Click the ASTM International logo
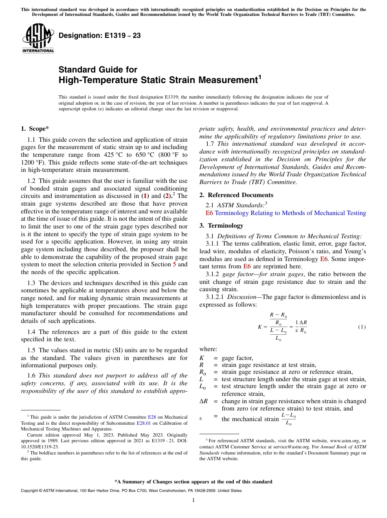pos(38,39)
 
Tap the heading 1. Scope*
pos(35,129)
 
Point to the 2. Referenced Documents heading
pos(236,195)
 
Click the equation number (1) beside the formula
pos(361,327)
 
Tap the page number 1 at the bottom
pos(193,500)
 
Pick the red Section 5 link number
pos(175,264)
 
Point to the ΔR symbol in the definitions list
pos(204,401)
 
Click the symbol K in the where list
pos(202,358)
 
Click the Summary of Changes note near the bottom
pos(193,482)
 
